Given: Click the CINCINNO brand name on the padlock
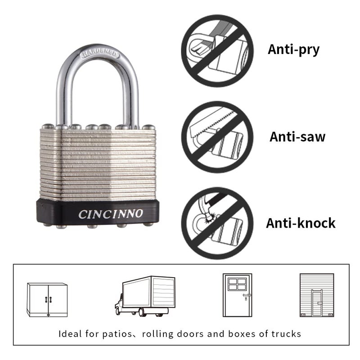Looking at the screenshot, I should [x=110, y=213].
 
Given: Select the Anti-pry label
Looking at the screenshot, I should [x=293, y=49].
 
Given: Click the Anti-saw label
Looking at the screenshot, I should [x=297, y=136].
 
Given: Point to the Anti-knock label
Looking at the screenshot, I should [x=301, y=223].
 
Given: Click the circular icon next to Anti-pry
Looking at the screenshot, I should [x=217, y=51].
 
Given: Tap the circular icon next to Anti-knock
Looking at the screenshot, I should [x=217, y=223].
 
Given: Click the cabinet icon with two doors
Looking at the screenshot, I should [x=47, y=300].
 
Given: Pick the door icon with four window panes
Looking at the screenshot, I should [x=237, y=295].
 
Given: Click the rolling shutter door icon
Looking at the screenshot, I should [x=317, y=295].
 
